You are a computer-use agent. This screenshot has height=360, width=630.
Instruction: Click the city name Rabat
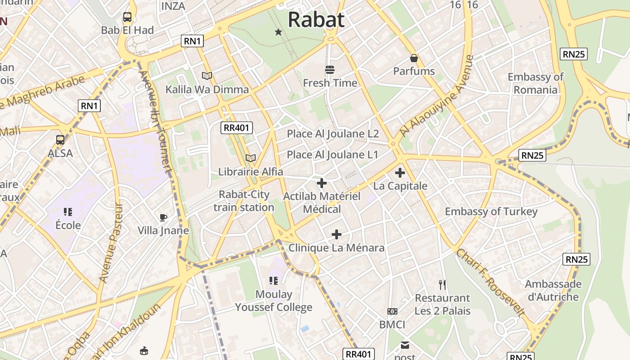[316, 20]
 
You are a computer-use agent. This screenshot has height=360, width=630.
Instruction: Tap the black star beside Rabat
[279, 32]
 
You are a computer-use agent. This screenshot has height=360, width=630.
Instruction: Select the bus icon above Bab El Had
[127, 18]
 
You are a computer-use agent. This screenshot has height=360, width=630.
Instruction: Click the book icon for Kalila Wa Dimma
[207, 76]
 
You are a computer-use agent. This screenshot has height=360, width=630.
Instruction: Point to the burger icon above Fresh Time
[330, 70]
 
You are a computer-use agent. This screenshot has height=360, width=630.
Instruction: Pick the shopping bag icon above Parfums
[414, 58]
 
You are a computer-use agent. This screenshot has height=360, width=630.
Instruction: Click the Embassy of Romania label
[535, 83]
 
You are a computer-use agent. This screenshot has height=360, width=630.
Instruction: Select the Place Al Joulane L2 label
[333, 134]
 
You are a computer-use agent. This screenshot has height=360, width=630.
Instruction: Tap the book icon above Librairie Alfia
[251, 158]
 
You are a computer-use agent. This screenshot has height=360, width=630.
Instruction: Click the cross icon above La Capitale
[400, 173]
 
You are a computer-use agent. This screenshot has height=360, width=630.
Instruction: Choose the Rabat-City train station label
[244, 201]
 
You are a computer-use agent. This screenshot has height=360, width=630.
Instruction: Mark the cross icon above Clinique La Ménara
[337, 234]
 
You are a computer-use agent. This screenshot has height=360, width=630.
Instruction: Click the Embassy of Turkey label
[491, 211]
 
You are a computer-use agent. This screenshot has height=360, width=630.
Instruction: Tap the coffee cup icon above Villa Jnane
[163, 218]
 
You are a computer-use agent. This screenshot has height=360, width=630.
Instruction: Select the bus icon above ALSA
[60, 140]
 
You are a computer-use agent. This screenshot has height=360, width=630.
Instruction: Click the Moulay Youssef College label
[274, 301]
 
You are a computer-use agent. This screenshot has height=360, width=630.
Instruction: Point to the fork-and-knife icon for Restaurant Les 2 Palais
[442, 284]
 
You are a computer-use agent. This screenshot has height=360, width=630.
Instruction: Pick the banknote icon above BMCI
[392, 311]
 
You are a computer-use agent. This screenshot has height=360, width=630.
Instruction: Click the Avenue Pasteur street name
[110, 243]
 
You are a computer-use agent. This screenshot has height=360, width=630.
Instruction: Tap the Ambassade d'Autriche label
[553, 290]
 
